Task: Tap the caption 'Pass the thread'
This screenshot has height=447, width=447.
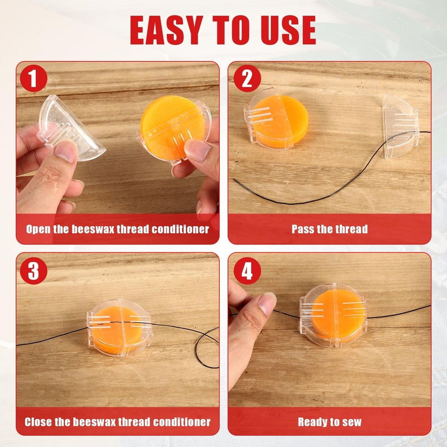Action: point(329,229)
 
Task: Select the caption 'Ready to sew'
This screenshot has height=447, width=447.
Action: point(329,422)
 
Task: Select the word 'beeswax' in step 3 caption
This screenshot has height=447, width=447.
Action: point(92,422)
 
